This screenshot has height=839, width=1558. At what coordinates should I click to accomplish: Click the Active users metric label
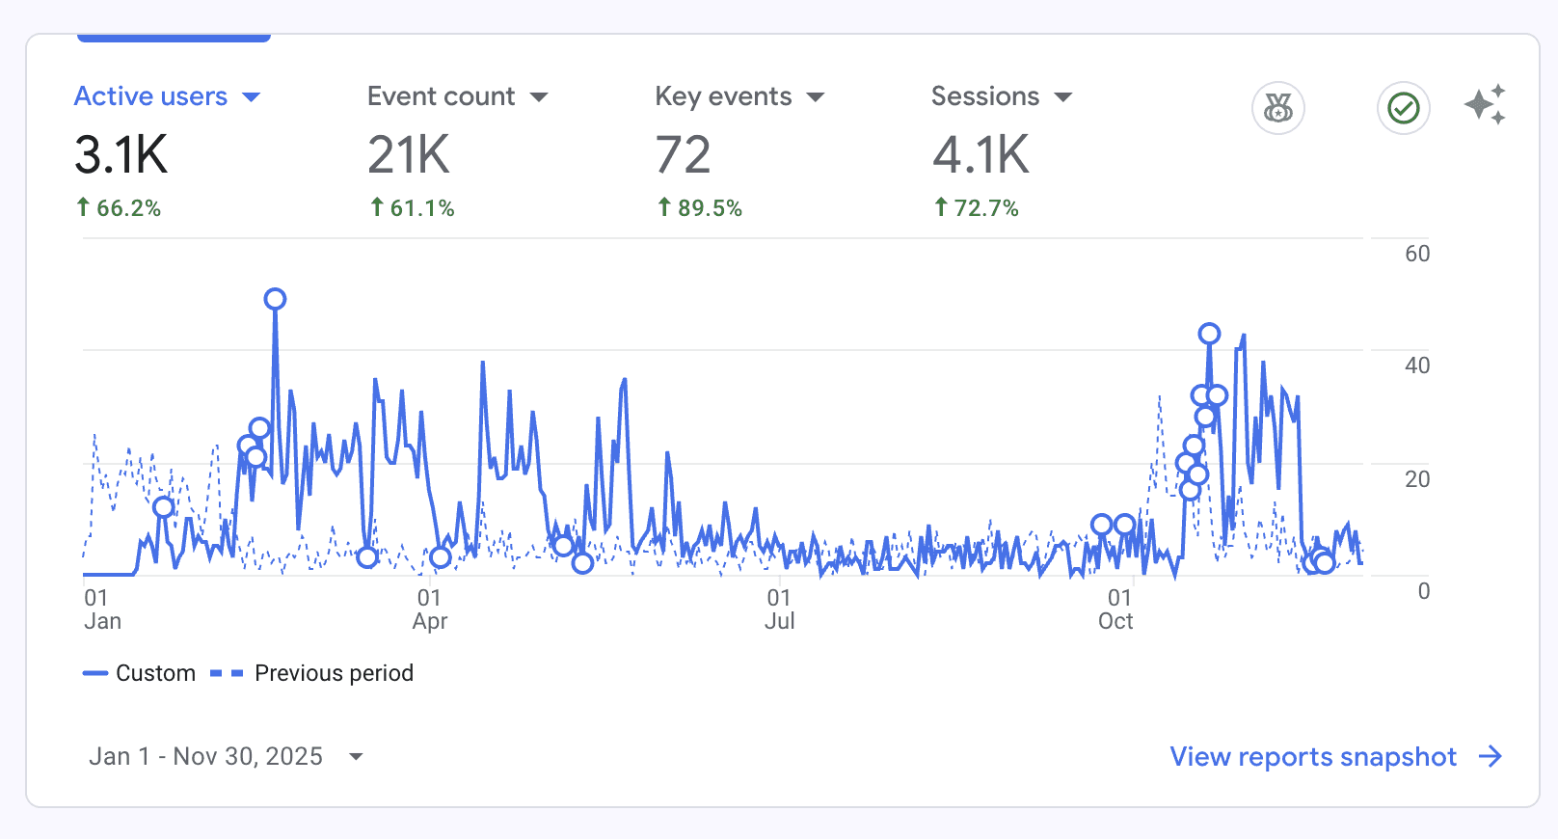click(151, 96)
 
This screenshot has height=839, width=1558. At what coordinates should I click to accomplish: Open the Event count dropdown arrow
click(539, 97)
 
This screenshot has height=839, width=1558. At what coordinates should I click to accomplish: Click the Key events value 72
click(683, 155)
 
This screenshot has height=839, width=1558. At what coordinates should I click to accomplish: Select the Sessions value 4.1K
click(980, 155)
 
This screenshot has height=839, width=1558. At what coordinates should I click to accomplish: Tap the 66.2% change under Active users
click(119, 208)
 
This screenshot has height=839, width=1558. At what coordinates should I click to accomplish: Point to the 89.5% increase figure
click(700, 208)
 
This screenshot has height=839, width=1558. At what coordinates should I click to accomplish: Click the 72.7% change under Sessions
click(977, 208)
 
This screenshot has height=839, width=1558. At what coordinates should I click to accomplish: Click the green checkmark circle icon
click(1403, 108)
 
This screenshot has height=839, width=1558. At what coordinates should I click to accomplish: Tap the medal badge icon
click(1277, 108)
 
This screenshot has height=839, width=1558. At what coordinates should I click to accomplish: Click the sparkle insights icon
click(1485, 105)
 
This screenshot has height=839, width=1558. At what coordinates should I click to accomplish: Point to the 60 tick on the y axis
click(1416, 254)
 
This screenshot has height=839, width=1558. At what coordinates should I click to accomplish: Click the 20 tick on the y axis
click(1416, 479)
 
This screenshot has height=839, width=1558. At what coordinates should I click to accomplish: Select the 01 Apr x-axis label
click(429, 609)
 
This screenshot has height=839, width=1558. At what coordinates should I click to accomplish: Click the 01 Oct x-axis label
click(1116, 609)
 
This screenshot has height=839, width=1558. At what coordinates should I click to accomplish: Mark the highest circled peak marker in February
click(275, 299)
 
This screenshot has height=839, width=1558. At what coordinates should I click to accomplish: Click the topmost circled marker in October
click(1209, 334)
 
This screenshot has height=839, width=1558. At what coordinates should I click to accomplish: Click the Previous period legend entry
click(311, 673)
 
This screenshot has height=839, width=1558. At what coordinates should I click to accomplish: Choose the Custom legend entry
click(140, 673)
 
